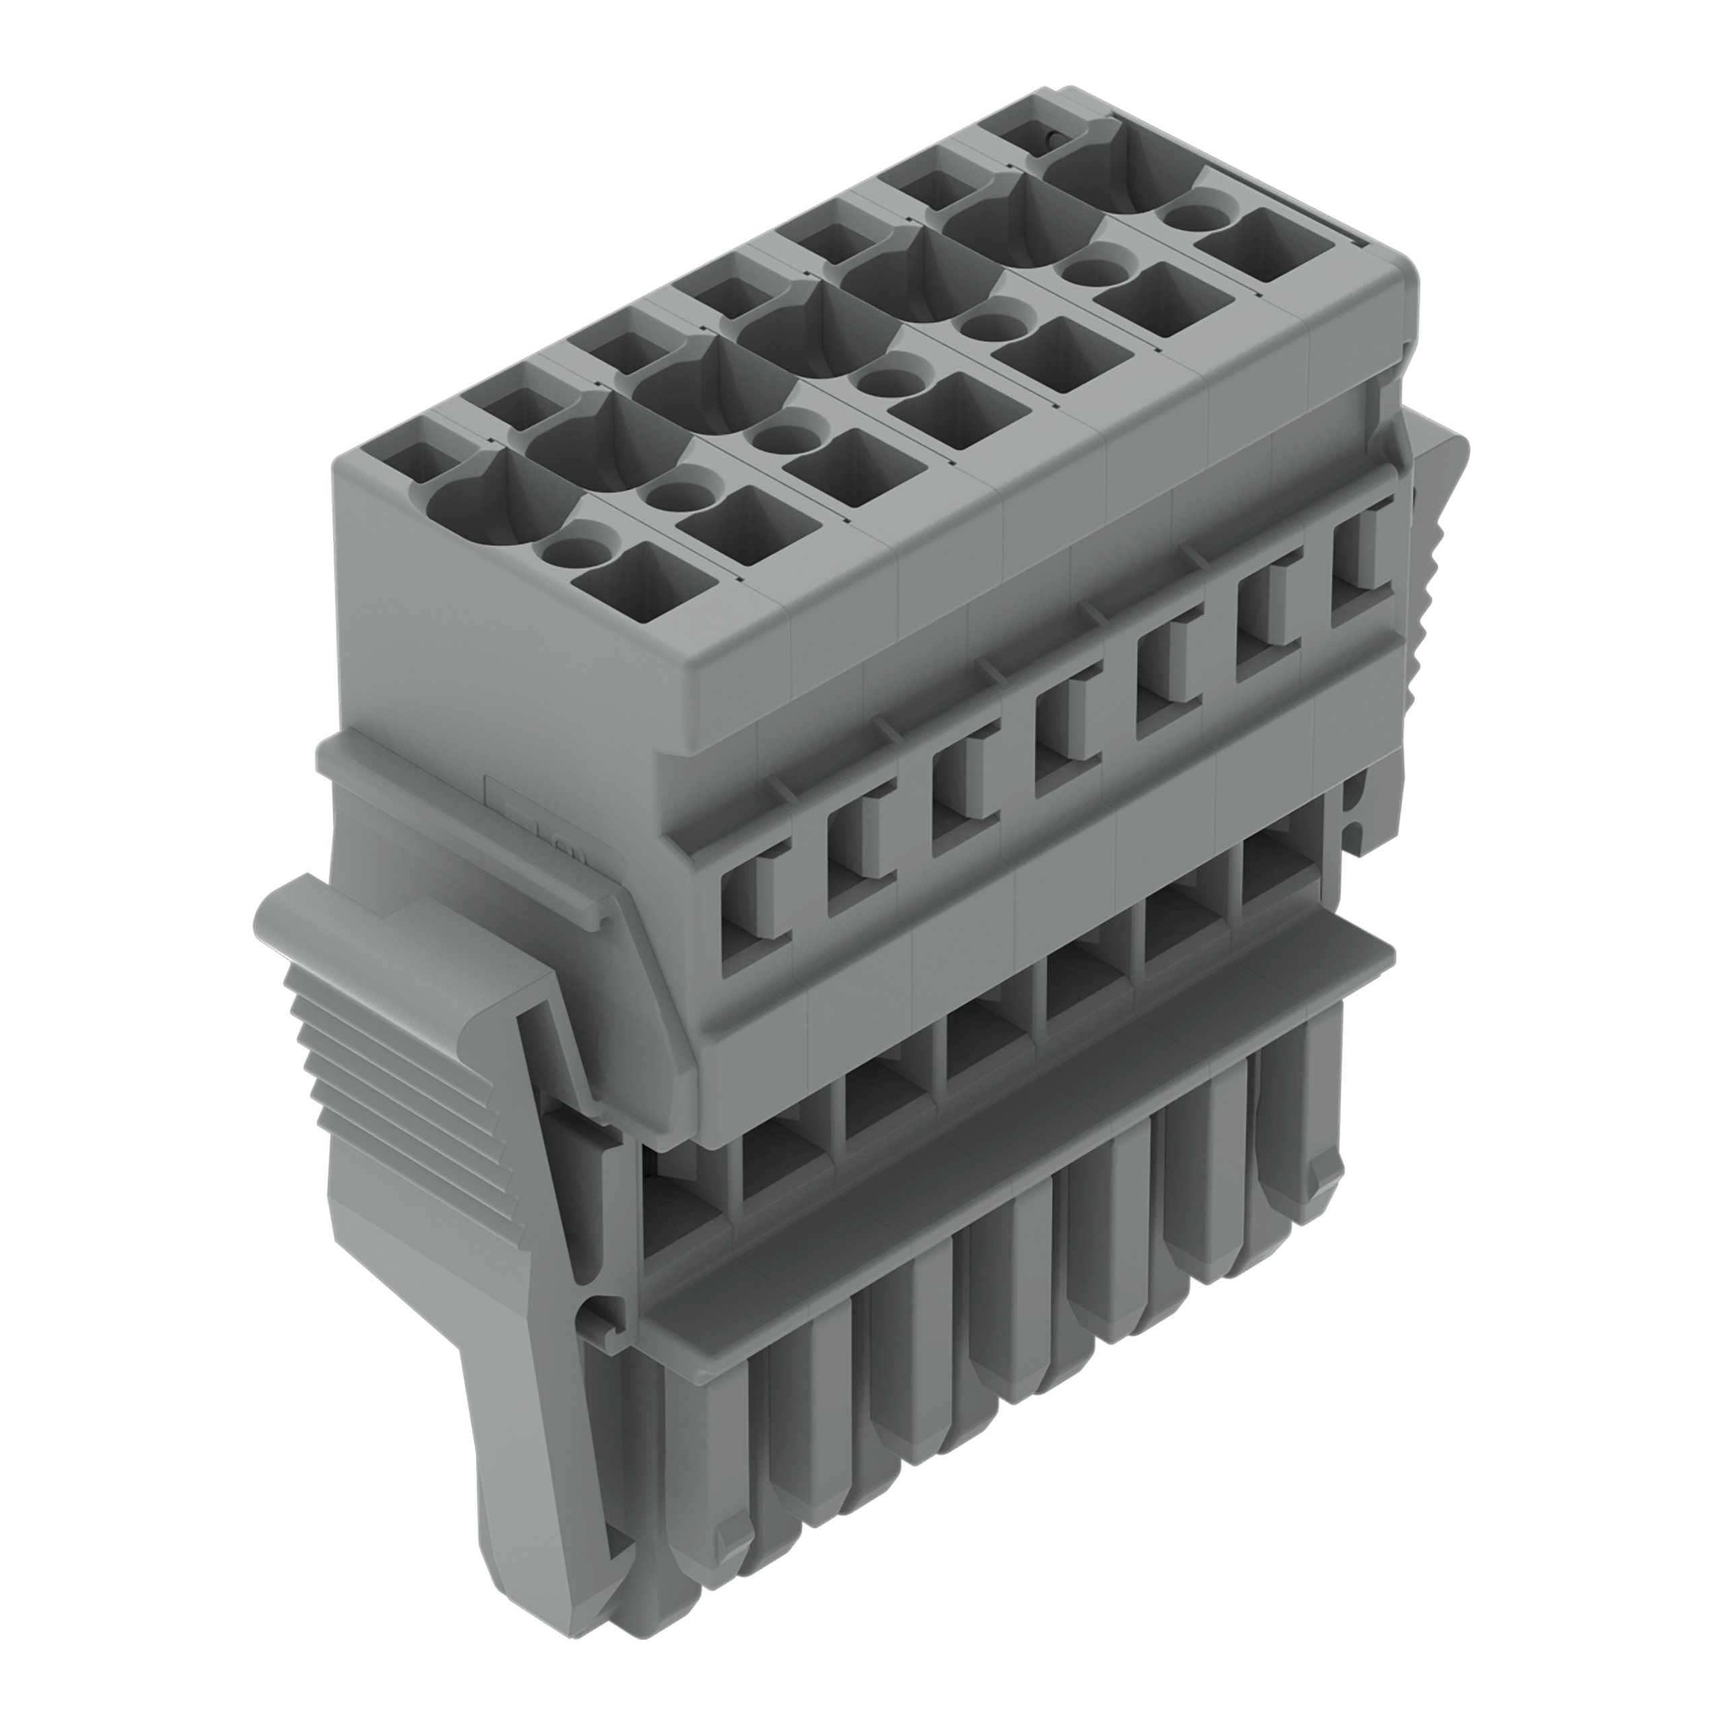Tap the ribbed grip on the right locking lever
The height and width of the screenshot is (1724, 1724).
pos(1433,571)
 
